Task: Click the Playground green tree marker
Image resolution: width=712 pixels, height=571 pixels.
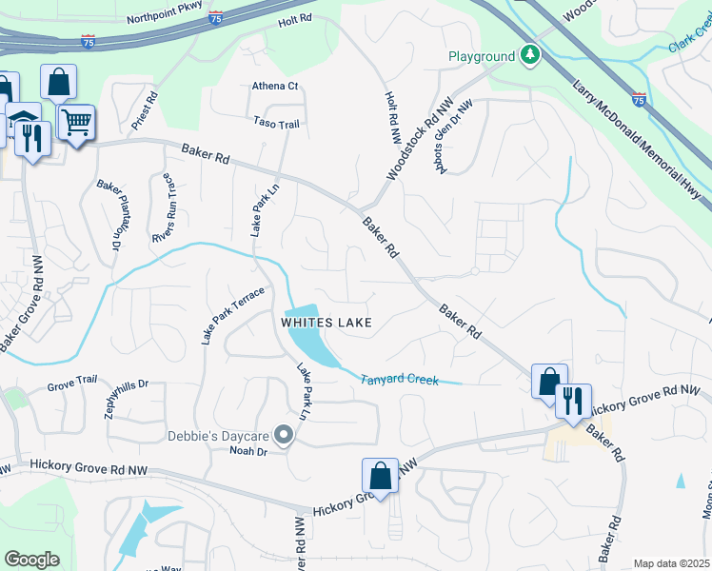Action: [x=528, y=56]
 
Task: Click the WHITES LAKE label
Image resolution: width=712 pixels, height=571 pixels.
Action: [x=326, y=323]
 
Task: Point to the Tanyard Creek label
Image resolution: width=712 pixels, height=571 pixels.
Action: [x=399, y=380]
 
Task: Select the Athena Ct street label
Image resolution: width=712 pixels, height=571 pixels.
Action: [x=275, y=87]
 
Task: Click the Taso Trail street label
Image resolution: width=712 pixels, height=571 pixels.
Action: [x=276, y=123]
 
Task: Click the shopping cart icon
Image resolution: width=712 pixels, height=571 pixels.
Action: [x=75, y=121]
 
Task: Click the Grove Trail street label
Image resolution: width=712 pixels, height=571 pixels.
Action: [x=73, y=388]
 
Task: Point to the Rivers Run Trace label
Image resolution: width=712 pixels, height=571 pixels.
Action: [x=164, y=208]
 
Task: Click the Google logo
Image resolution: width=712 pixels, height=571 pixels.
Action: [x=31, y=559]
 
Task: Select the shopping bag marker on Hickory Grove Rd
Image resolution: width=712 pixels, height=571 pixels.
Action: [x=380, y=476]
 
